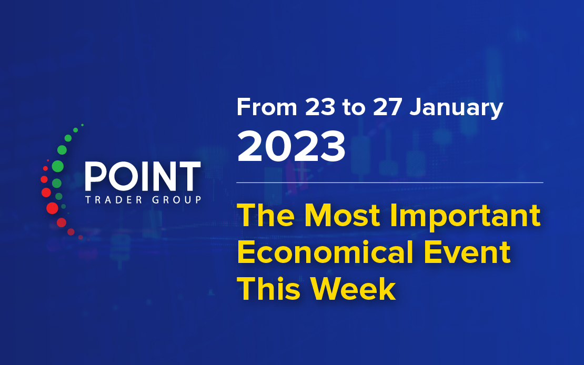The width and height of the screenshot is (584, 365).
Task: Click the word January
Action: [x=456, y=108]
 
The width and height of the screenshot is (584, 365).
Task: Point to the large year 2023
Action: [x=291, y=146]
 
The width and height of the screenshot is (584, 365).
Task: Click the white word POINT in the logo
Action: [x=143, y=176]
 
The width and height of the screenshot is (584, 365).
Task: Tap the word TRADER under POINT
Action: [x=114, y=200]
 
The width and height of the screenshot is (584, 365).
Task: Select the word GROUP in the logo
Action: [x=177, y=200]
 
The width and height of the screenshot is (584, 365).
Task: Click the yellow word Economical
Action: [x=325, y=252]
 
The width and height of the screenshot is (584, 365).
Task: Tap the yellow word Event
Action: [x=467, y=252]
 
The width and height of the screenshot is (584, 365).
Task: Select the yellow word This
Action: [x=268, y=289]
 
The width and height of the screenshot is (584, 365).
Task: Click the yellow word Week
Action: [x=353, y=289]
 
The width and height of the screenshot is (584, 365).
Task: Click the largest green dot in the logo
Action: [x=57, y=166]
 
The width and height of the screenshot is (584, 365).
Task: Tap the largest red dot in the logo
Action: [x=52, y=208]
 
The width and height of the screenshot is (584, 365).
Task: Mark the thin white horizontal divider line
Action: [x=389, y=182]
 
